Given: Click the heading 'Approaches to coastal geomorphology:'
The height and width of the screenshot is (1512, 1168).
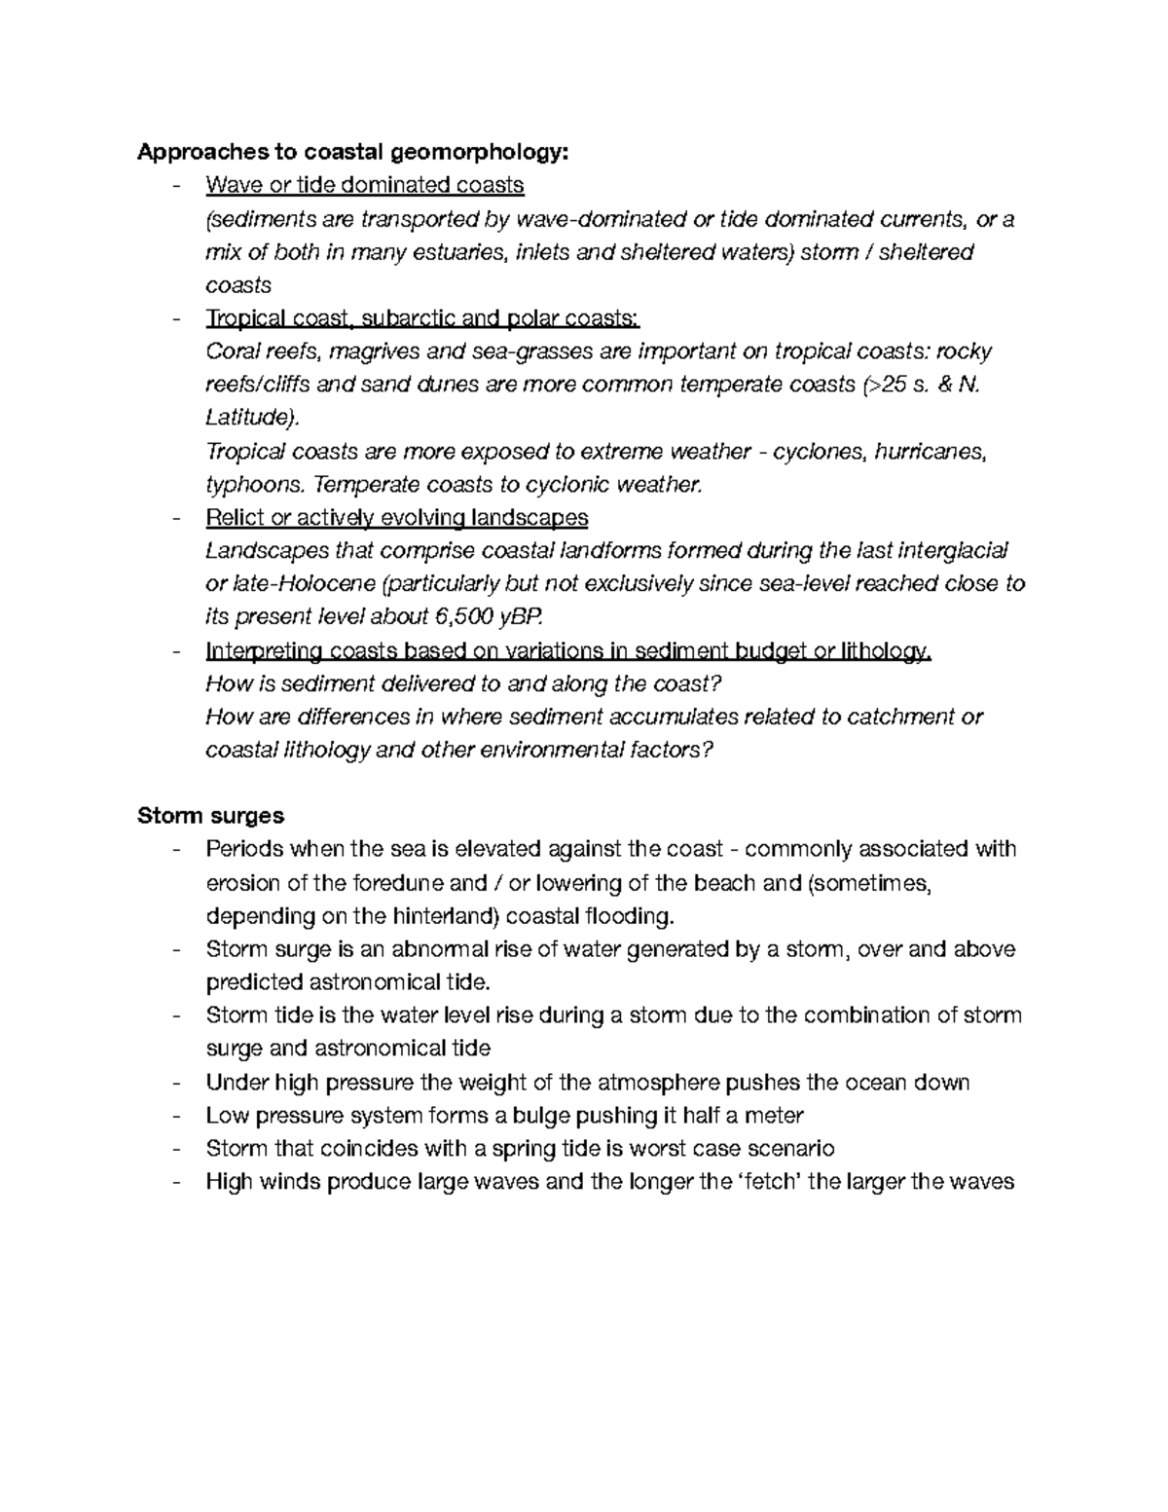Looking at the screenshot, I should point(350,152).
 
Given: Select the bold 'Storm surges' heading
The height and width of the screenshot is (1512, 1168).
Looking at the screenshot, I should point(210,815).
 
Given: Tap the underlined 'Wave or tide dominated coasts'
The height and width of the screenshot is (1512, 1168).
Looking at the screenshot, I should point(365,185).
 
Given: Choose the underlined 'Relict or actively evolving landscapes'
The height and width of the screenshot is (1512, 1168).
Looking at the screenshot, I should point(397,517).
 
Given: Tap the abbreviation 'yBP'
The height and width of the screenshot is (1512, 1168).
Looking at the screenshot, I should point(524,616).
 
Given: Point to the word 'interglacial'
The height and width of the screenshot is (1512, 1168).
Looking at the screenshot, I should point(951,551).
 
